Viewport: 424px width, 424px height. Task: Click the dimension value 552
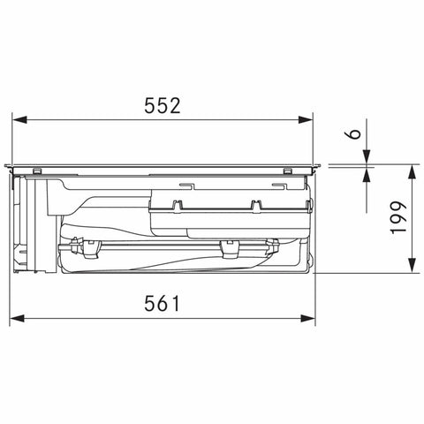point(163,106)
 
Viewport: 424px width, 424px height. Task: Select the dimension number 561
point(162,304)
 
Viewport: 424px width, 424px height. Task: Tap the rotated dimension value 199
point(398,217)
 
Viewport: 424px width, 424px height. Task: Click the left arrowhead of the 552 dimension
point(19,120)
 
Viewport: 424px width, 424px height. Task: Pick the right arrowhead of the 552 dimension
point(305,120)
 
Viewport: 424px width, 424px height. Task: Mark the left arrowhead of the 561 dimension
point(18,318)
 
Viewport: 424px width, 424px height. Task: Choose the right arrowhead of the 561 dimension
point(307,318)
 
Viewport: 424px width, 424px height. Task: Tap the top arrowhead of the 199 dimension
point(413,171)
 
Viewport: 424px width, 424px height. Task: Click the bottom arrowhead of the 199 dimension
point(413,265)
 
